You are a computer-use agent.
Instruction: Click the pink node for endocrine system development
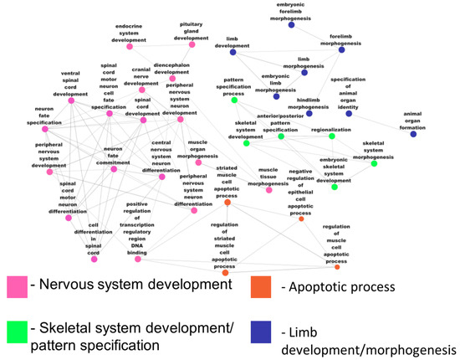click(x=130, y=47)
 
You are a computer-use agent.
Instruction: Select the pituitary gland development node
click(x=192, y=44)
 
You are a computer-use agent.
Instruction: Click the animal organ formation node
click(x=413, y=134)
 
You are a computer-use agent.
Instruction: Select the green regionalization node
click(x=331, y=136)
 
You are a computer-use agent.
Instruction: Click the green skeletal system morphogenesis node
click(x=374, y=162)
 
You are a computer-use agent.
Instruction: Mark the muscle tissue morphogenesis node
click(x=268, y=190)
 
